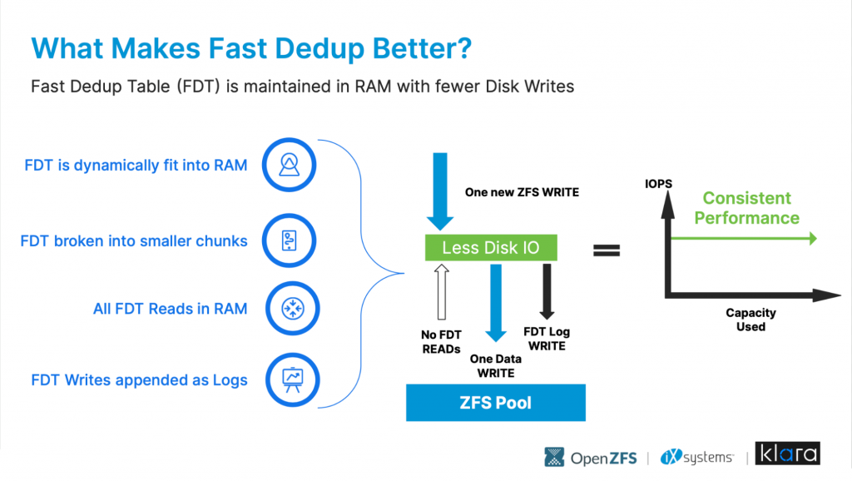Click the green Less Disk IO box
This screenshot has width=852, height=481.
pyautogui.click(x=491, y=247)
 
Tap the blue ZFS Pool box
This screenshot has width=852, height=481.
pyautogui.click(x=496, y=403)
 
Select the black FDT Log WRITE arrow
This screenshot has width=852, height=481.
pyautogui.click(x=547, y=291)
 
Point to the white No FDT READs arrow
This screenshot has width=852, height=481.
pyautogui.click(x=442, y=292)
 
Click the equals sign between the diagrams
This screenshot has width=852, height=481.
pyautogui.click(x=607, y=250)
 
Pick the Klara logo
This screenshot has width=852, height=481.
pyautogui.click(x=787, y=454)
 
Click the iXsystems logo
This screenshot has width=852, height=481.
pyautogui.click(x=697, y=457)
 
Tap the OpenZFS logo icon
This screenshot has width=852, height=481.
pyautogui.click(x=554, y=457)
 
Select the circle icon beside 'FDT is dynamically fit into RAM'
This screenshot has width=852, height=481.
pyautogui.click(x=289, y=165)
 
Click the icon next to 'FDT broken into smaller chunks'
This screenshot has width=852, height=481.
pyautogui.click(x=289, y=240)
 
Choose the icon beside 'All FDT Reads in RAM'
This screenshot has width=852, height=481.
pyautogui.click(x=293, y=308)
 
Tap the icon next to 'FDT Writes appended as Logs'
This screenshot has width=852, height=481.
pyautogui.click(x=293, y=380)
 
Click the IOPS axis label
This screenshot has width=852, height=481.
pyautogui.click(x=659, y=184)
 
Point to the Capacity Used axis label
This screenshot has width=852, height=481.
pyautogui.click(x=751, y=320)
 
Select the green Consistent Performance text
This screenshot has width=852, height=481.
pyautogui.click(x=746, y=207)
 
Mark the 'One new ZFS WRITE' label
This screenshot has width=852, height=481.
pyautogui.click(x=522, y=192)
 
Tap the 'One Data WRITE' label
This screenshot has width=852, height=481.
pyautogui.click(x=496, y=366)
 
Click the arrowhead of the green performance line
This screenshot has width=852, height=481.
pyautogui.click(x=813, y=238)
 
